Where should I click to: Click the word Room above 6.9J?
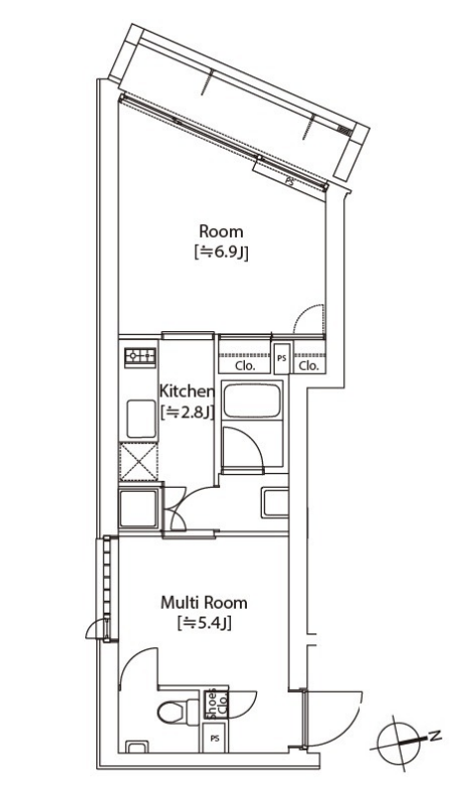click(x=221, y=231)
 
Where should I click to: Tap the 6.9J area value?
click(x=221, y=253)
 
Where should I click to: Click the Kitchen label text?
click(x=186, y=392)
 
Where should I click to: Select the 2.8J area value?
click(x=186, y=411)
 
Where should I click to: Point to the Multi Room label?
click(x=204, y=603)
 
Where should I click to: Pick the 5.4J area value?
click(x=204, y=624)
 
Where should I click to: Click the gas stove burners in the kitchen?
click(x=140, y=356)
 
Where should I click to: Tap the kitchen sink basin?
click(x=141, y=419)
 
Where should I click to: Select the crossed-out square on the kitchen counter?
click(x=138, y=462)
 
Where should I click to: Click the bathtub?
click(x=253, y=400)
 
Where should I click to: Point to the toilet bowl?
click(x=173, y=712)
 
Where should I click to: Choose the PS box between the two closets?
click(x=282, y=358)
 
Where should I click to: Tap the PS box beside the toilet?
click(x=215, y=739)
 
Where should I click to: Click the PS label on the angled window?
click(x=290, y=180)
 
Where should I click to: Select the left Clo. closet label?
click(x=245, y=366)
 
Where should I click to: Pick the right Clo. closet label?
click(x=309, y=366)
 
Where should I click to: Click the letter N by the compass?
click(x=434, y=737)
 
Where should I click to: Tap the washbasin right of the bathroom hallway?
click(x=275, y=503)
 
